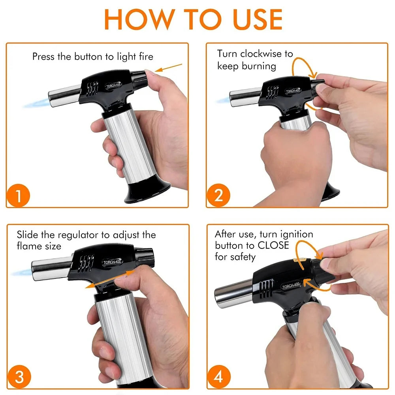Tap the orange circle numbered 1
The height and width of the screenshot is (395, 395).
point(18,195)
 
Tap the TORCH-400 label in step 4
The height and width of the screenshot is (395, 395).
point(291,286)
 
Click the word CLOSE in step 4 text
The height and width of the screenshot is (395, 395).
point(273,245)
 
